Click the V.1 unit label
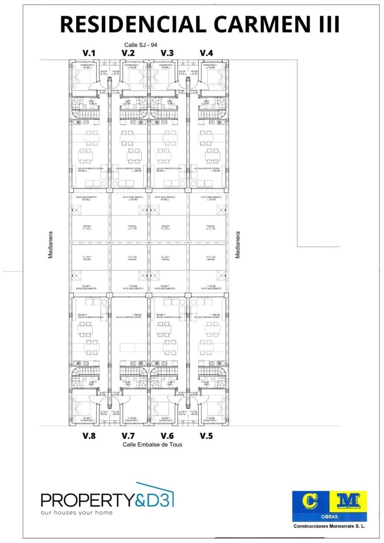click(89, 53)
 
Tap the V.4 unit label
click(206, 53)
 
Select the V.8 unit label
click(89, 436)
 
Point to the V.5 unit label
click(206, 436)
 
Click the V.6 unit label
click(167, 436)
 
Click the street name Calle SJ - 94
click(142, 45)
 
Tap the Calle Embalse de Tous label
click(152, 444)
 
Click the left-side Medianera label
click(51, 245)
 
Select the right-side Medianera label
click(237, 245)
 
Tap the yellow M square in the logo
click(349, 501)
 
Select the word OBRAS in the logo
click(329, 517)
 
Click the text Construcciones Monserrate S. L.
click(329, 526)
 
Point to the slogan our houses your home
click(77, 513)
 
